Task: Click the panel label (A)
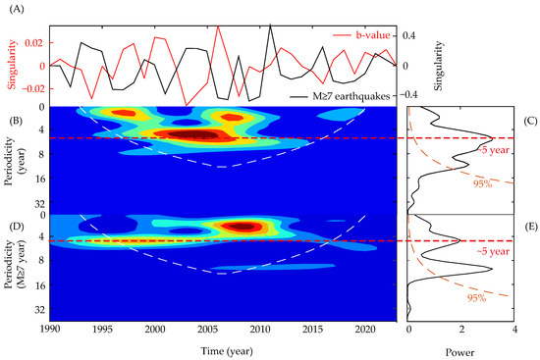pos(12,9)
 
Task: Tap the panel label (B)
pos(12,122)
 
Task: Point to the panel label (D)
pos(12,229)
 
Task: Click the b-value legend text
pos(369,35)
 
